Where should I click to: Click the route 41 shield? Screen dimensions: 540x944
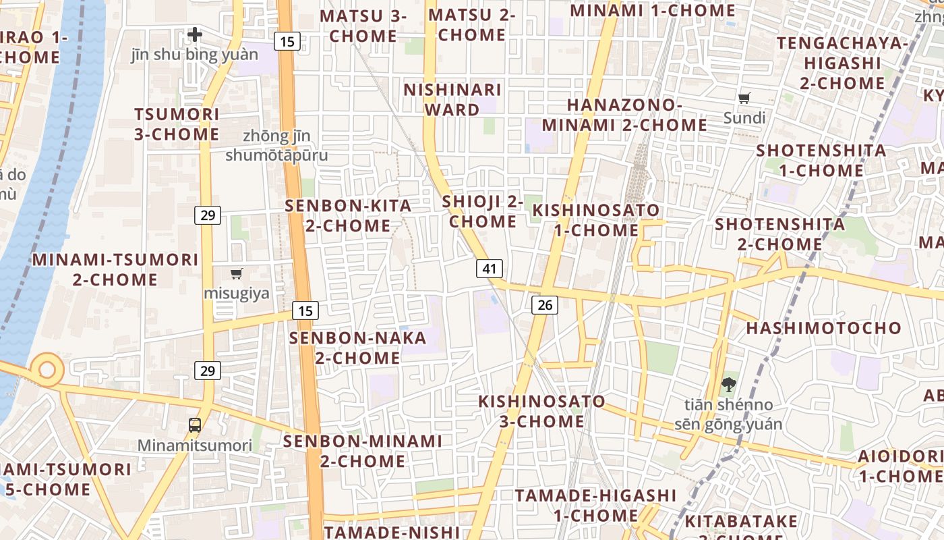tap(490, 269)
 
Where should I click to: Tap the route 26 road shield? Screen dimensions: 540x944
tap(545, 305)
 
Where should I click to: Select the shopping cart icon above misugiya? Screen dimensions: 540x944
tap(236, 273)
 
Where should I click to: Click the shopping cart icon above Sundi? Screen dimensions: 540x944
tap(744, 99)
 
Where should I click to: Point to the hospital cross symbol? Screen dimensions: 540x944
tap(195, 34)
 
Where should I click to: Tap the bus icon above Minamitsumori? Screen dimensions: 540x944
tap(195, 425)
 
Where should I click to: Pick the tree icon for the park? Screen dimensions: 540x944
tap(728, 385)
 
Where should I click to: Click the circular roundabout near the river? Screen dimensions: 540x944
tap(47, 370)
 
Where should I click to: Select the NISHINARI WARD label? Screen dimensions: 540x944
tap(452, 99)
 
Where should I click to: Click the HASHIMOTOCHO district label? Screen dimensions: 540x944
tap(823, 328)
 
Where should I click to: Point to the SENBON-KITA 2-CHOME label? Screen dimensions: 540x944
tap(348, 215)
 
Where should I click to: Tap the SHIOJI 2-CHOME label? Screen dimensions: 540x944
tap(483, 211)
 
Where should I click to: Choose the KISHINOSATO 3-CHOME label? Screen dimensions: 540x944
tap(542, 411)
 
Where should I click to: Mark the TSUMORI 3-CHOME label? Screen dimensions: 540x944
tap(177, 124)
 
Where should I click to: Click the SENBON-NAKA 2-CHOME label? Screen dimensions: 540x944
tap(358, 347)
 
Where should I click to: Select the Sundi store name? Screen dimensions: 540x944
tap(744, 118)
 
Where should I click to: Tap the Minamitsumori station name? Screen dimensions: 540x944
tap(195, 446)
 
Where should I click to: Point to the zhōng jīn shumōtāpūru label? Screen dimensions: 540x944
tap(276, 146)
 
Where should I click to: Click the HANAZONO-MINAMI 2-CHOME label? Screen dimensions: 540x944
tap(624, 115)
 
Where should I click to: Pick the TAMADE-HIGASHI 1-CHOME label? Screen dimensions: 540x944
tap(595, 505)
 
